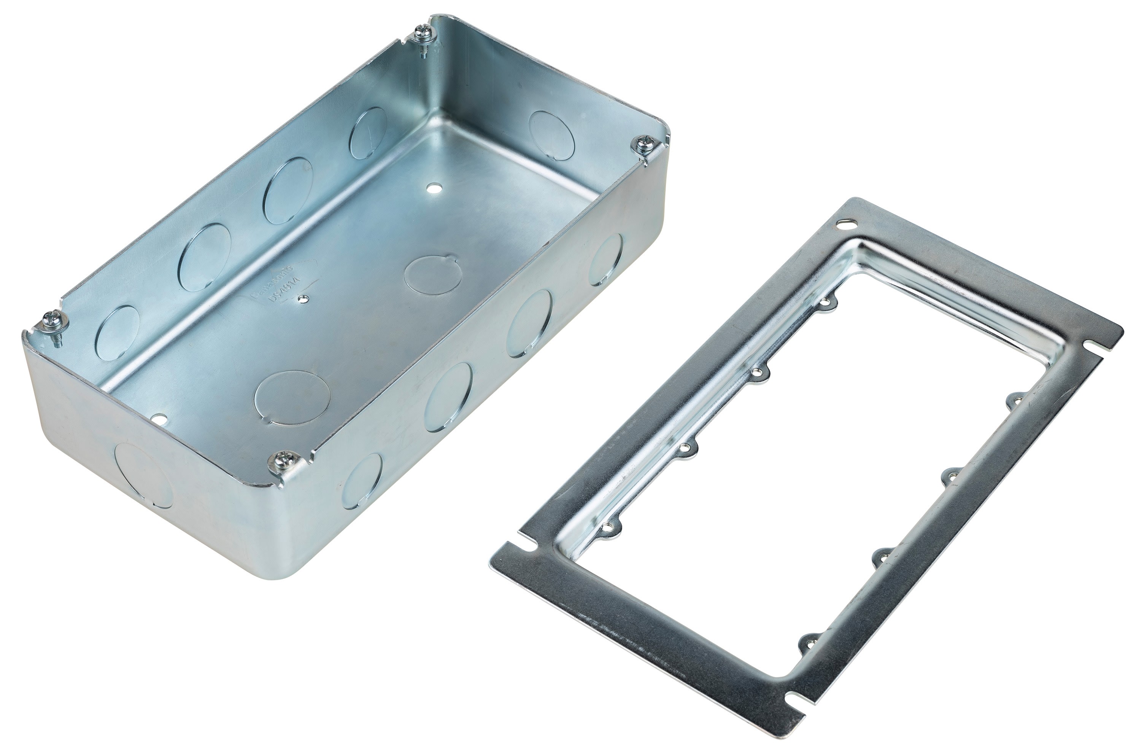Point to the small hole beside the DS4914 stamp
pyautogui.click(x=302, y=299)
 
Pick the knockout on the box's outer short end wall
pyautogui.click(x=144, y=475)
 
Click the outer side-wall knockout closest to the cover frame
pyautogui.click(x=607, y=260)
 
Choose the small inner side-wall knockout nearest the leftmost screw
pyautogui.click(x=118, y=333)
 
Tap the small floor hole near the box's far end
pyautogui.click(x=434, y=188)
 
